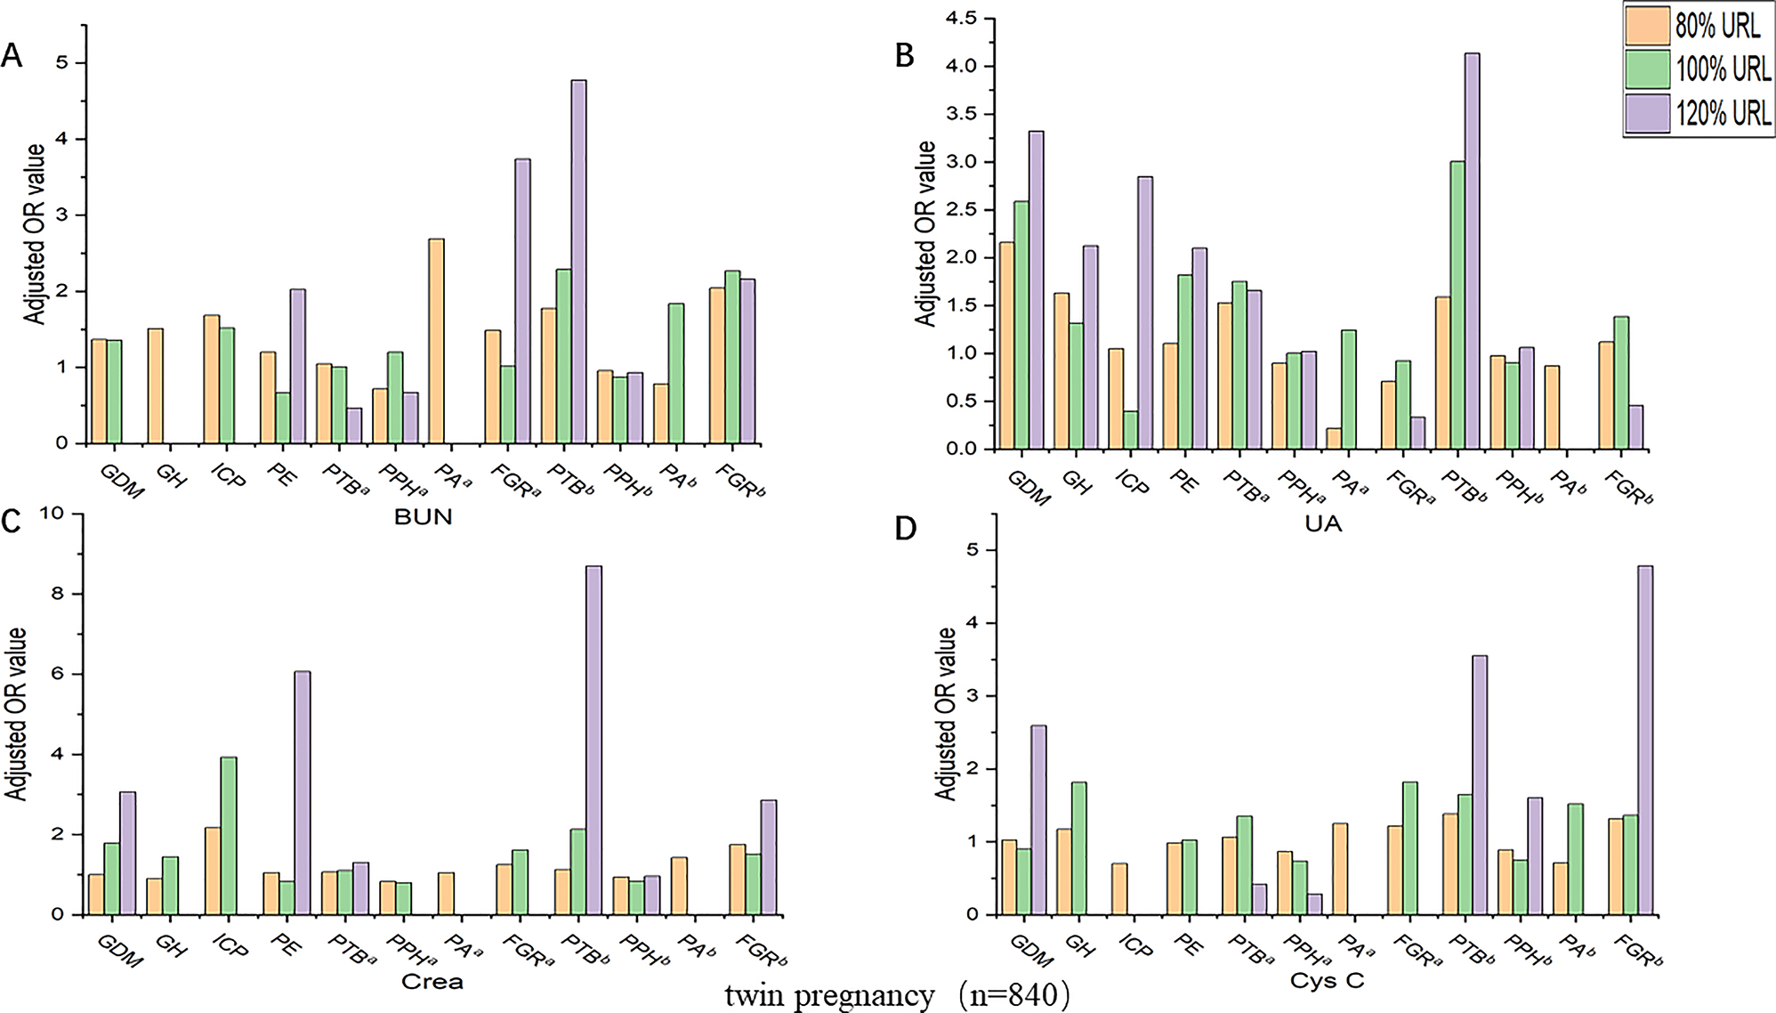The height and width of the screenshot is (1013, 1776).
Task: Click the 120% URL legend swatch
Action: (x=1647, y=114)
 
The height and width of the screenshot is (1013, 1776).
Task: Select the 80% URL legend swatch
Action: (x=1647, y=26)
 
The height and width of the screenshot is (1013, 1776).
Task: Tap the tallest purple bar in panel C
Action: (x=593, y=739)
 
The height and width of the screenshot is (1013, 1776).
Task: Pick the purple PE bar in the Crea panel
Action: (x=303, y=792)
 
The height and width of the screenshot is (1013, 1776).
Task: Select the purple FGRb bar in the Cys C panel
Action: (x=1645, y=739)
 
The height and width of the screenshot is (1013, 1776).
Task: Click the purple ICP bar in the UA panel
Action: (x=1144, y=312)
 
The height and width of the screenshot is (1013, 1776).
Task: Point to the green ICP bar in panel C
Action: (x=229, y=835)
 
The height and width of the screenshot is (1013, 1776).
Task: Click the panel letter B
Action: (x=904, y=56)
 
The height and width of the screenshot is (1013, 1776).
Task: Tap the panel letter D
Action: (x=905, y=528)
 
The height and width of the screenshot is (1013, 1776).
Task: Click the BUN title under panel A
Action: (x=424, y=517)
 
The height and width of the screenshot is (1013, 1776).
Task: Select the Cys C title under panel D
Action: (x=1327, y=981)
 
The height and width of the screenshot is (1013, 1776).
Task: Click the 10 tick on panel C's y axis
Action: (x=52, y=513)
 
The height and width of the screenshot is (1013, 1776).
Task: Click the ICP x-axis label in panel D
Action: (x=1136, y=945)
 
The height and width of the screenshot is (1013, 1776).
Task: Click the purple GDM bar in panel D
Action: (x=1038, y=819)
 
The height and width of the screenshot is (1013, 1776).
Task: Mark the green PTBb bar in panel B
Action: (x=1457, y=304)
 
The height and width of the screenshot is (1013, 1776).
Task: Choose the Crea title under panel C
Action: (x=432, y=981)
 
